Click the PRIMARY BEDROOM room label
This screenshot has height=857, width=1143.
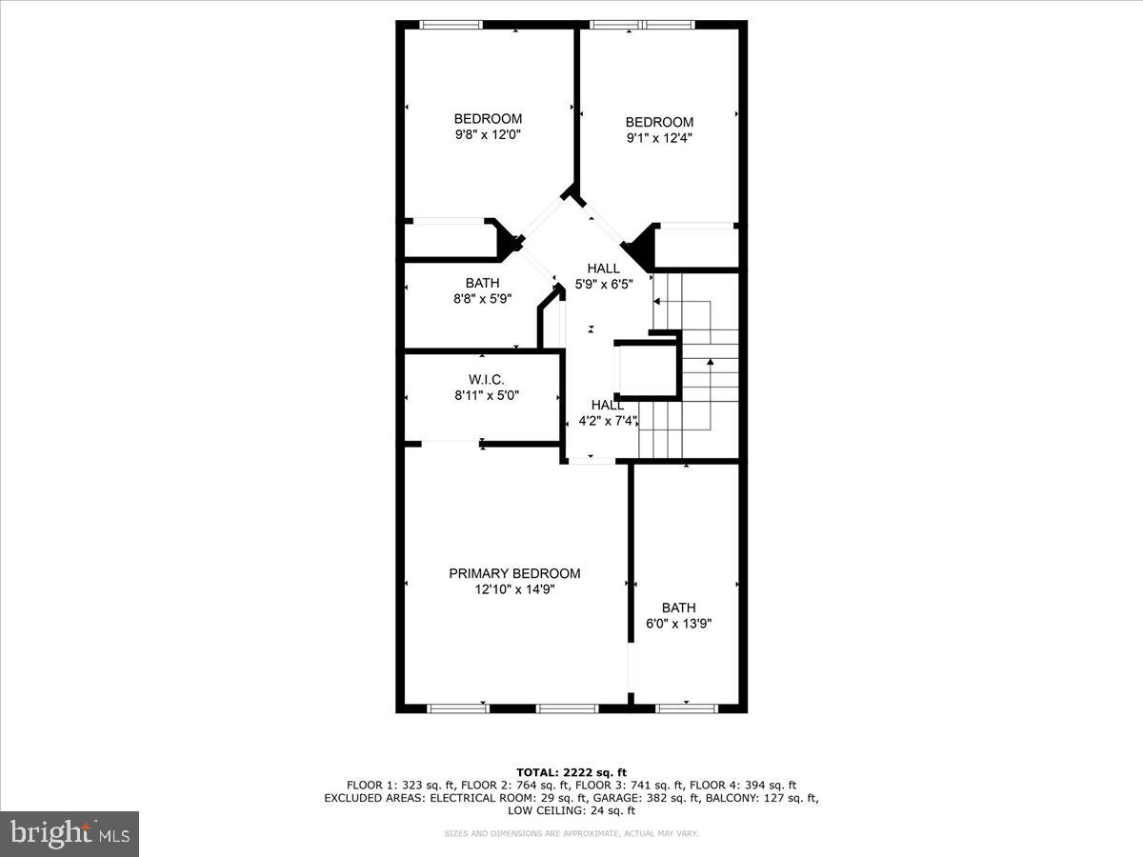click(514, 573)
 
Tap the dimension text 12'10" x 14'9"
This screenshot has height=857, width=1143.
click(514, 589)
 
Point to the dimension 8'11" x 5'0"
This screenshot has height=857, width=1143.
click(486, 395)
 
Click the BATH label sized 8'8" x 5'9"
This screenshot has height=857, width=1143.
click(482, 283)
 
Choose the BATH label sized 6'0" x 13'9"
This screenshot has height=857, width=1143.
click(678, 608)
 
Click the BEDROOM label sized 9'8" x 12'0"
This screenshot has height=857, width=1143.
click(487, 118)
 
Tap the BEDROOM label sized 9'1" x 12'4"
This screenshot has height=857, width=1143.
click(658, 122)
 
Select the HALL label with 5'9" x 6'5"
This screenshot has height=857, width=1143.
click(603, 269)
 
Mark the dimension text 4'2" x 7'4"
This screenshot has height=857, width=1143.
click(608, 420)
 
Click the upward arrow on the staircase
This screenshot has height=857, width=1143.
click(710, 363)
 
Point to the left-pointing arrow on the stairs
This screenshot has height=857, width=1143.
click(657, 302)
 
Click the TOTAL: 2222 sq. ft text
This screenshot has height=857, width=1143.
click(571, 771)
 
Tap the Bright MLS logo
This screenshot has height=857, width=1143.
click(70, 834)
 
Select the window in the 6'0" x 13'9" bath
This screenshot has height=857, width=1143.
click(687, 708)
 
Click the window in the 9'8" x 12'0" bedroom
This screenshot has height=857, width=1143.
click(451, 25)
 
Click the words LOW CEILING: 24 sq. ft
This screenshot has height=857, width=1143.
click(571, 811)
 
